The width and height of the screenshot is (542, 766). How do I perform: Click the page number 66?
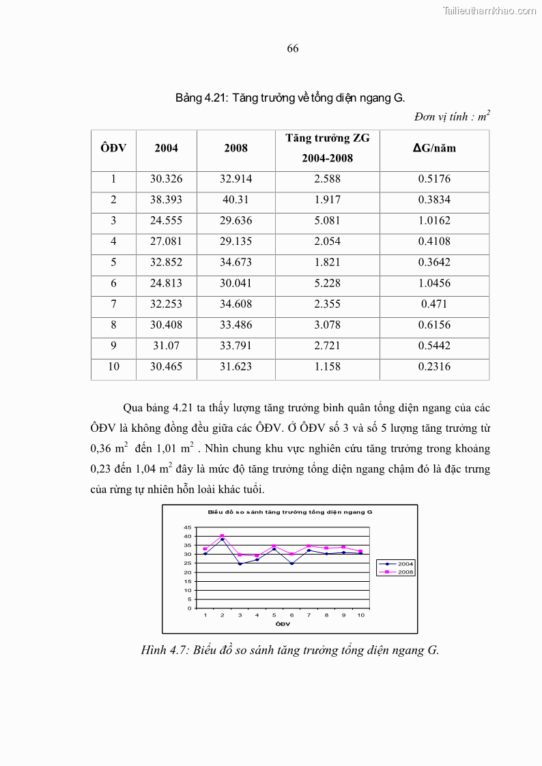click(x=293, y=48)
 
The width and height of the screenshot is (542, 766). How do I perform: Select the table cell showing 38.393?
click(x=166, y=200)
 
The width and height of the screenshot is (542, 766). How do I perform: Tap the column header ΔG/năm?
click(x=434, y=148)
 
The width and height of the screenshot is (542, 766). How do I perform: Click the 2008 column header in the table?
click(x=236, y=148)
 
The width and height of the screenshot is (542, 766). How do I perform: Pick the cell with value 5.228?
click(x=327, y=283)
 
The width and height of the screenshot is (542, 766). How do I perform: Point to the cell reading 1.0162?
click(x=434, y=221)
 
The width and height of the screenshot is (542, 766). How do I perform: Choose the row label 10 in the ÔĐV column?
click(x=113, y=366)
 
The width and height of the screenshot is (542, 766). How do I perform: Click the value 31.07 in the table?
click(x=166, y=346)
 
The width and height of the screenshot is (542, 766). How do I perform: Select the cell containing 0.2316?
click(x=434, y=366)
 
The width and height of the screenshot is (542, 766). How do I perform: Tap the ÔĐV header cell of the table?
click(x=113, y=148)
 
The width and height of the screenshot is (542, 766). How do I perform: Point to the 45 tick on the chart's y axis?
click(x=188, y=527)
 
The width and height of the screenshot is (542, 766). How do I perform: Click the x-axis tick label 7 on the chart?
click(x=309, y=615)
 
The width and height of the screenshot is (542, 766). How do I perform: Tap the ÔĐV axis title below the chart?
click(x=283, y=623)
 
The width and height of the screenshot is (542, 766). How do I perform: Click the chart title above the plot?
click(x=289, y=512)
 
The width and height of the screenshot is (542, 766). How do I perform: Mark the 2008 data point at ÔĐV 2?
click(x=223, y=536)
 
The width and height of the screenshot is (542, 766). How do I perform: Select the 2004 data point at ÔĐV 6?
click(x=291, y=563)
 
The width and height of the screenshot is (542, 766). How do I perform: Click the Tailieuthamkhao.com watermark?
click(x=489, y=10)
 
